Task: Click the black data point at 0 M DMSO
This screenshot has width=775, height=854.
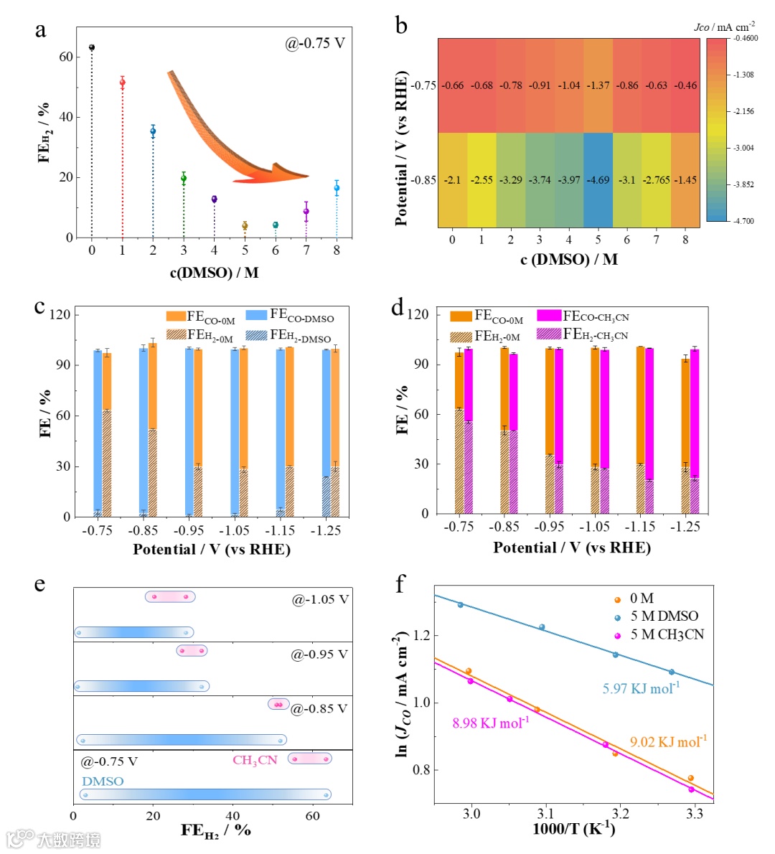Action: click(92, 47)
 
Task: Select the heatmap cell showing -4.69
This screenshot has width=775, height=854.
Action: click(598, 180)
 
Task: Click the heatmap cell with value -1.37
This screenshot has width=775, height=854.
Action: click(598, 85)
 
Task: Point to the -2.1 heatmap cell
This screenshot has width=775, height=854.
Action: click(452, 180)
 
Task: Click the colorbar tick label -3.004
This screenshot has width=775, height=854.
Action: click(743, 148)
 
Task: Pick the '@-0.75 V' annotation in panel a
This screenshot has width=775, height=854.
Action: click(315, 44)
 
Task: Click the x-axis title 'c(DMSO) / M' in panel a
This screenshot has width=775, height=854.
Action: click(214, 273)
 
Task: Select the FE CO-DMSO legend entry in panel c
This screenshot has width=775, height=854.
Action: click(290, 315)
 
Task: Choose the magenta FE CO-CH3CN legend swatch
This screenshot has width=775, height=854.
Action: click(549, 316)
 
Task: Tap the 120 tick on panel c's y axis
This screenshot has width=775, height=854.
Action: click(62, 314)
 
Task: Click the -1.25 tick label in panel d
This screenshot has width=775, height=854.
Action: click(685, 527)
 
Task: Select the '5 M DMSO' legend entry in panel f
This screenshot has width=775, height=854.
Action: click(664, 616)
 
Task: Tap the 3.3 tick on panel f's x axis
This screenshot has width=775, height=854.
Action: click(695, 814)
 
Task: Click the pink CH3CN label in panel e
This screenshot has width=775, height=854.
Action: click(255, 760)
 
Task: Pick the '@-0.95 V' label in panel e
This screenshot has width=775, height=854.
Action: click(319, 654)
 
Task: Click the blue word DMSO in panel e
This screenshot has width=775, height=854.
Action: click(103, 781)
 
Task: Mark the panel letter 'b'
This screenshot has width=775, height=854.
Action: click(401, 26)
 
